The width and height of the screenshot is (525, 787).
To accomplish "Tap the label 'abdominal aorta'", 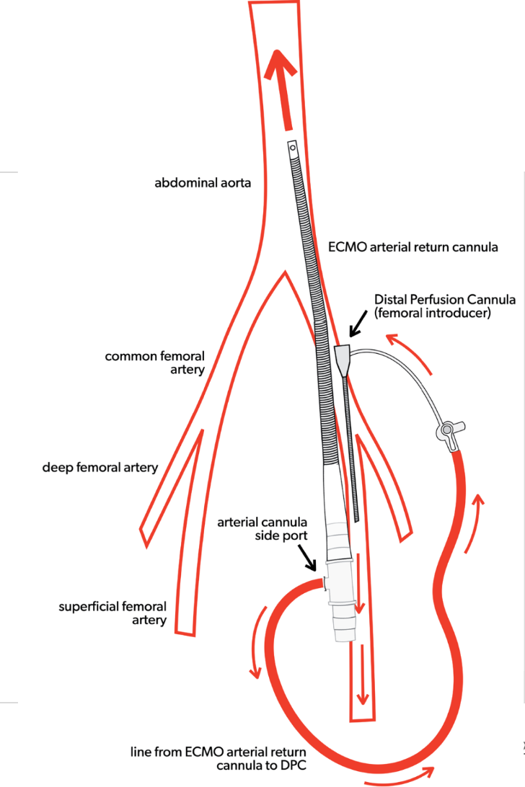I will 203,183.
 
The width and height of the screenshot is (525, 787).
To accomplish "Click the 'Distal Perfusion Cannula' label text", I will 444,299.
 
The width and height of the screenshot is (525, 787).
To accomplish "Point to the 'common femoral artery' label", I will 154,363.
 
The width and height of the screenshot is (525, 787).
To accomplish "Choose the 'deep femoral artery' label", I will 100,467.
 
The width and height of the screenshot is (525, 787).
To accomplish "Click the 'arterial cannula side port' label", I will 262,529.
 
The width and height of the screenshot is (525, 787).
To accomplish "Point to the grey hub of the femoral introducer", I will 343,355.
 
